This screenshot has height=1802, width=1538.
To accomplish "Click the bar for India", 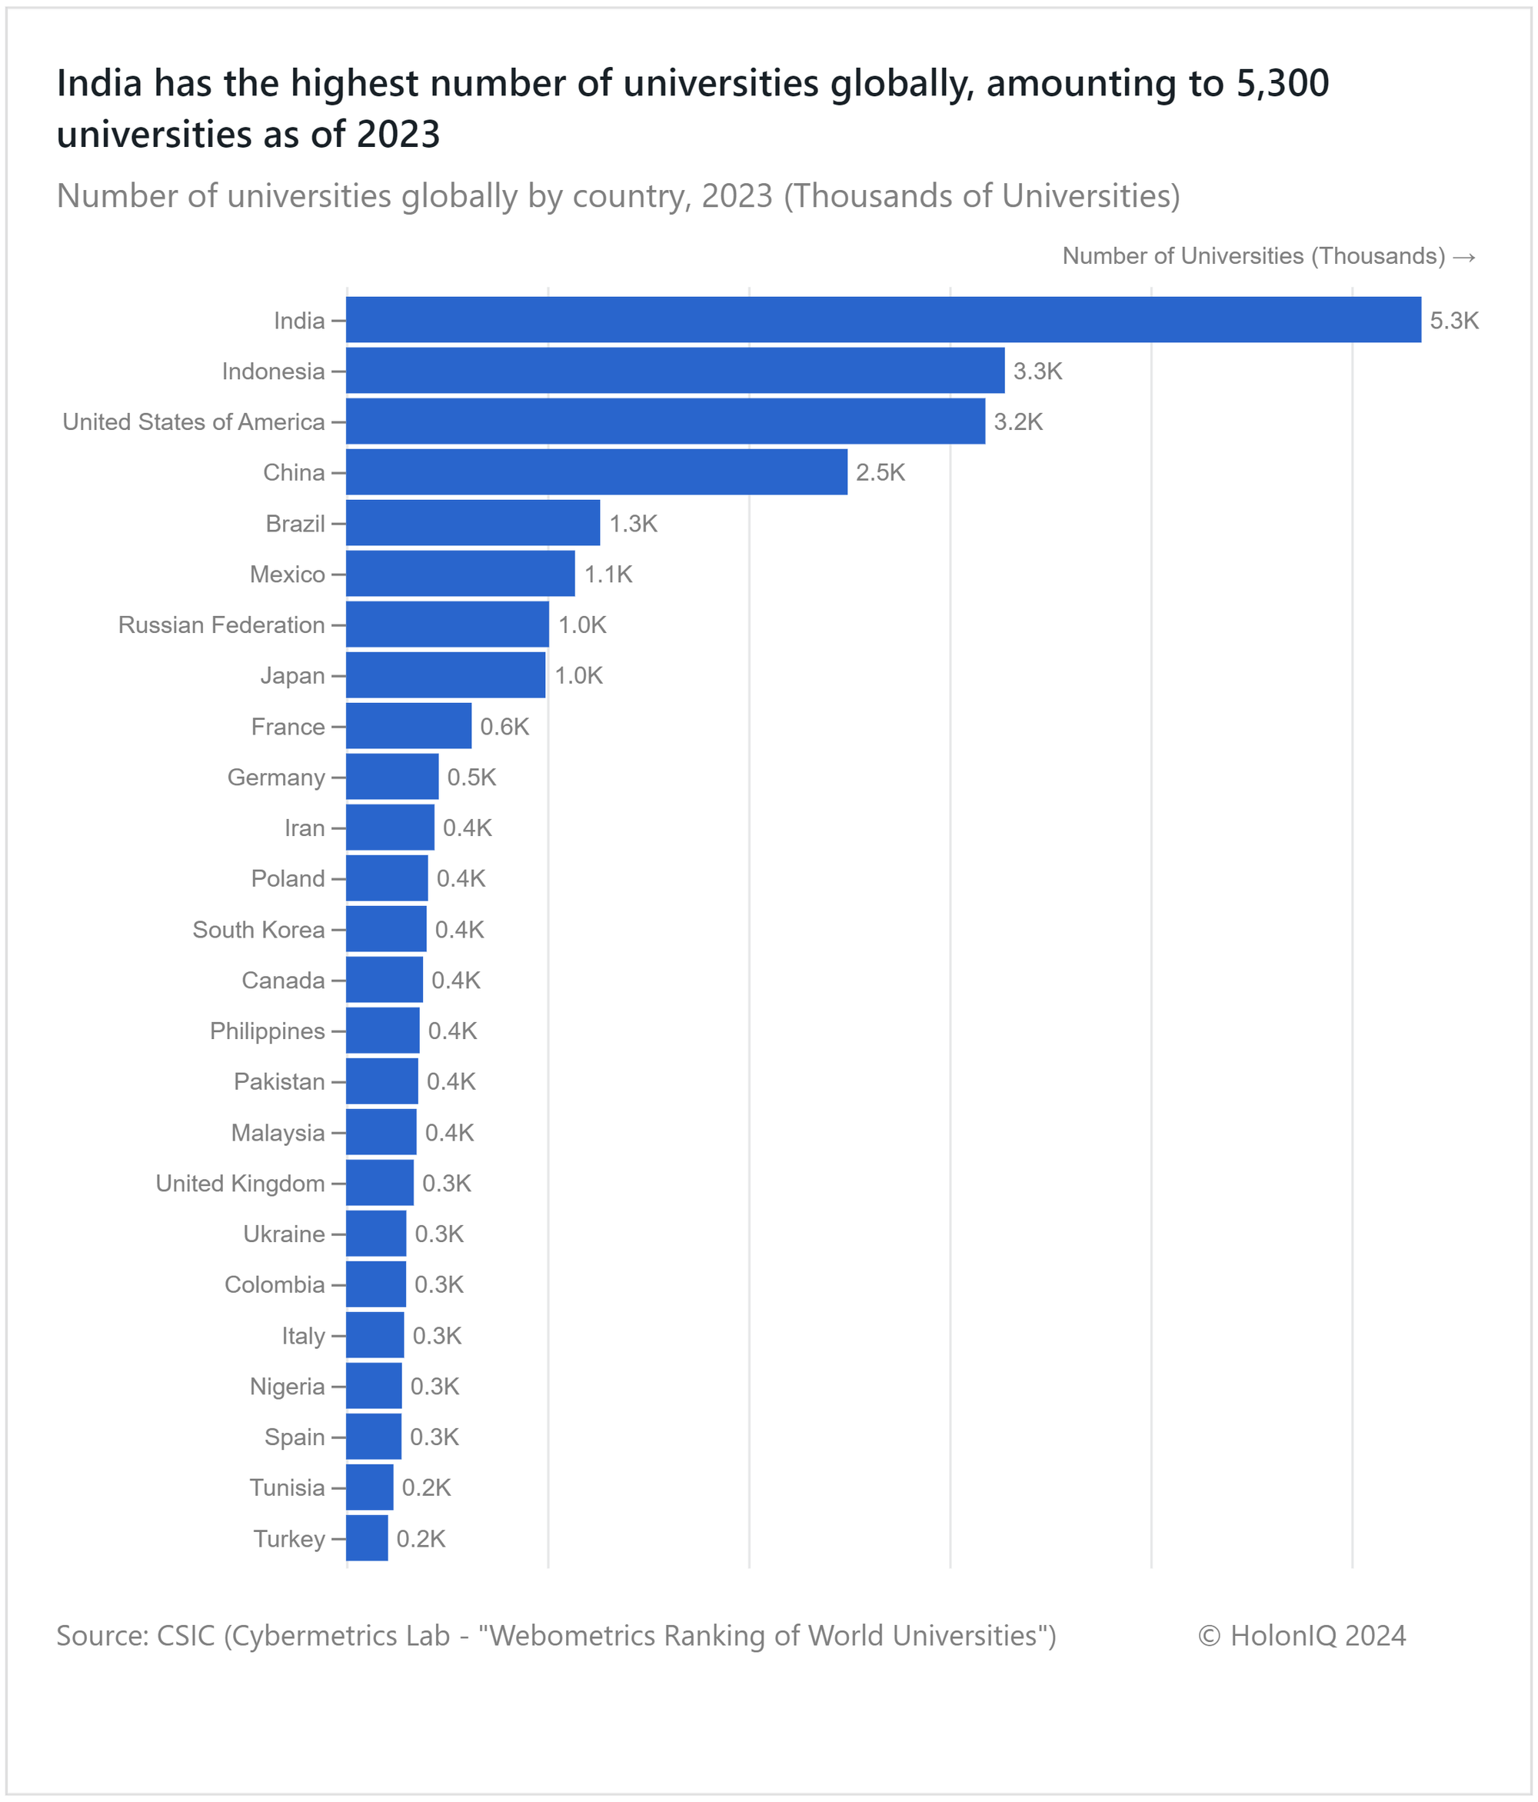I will pyautogui.click(x=883, y=319).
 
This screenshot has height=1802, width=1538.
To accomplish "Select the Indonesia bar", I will pyautogui.click(x=674, y=371).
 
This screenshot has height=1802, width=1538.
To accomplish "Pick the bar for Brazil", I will pyautogui.click(x=472, y=523).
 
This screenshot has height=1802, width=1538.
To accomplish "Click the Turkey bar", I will pyautogui.click(x=366, y=1537).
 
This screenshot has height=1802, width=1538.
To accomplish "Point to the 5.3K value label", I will pyautogui.click(x=1453, y=321).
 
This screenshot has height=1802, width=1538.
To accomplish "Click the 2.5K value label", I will pyautogui.click(x=880, y=472).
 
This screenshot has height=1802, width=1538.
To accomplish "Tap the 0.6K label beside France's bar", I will pyautogui.click(x=504, y=726).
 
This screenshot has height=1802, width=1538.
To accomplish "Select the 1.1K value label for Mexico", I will pyautogui.click(x=608, y=574).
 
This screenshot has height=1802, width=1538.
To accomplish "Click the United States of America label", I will pyautogui.click(x=193, y=421).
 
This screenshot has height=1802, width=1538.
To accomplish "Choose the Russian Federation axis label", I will pyautogui.click(x=221, y=625).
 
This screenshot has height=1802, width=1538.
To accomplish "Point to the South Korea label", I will pyautogui.click(x=258, y=930).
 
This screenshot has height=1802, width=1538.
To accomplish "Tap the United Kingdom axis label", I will pyautogui.click(x=240, y=1183).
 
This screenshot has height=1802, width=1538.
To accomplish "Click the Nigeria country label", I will pyautogui.click(x=287, y=1386).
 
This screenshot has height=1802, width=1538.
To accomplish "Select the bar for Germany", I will pyautogui.click(x=391, y=777).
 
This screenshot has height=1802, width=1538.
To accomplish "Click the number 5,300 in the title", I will pyautogui.click(x=1280, y=84).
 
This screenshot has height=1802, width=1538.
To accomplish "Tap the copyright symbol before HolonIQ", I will pyautogui.click(x=1209, y=1636).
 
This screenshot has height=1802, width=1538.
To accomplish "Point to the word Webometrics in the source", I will pyautogui.click(x=565, y=1636).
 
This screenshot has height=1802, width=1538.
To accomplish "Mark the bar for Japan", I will pyautogui.click(x=445, y=675).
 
